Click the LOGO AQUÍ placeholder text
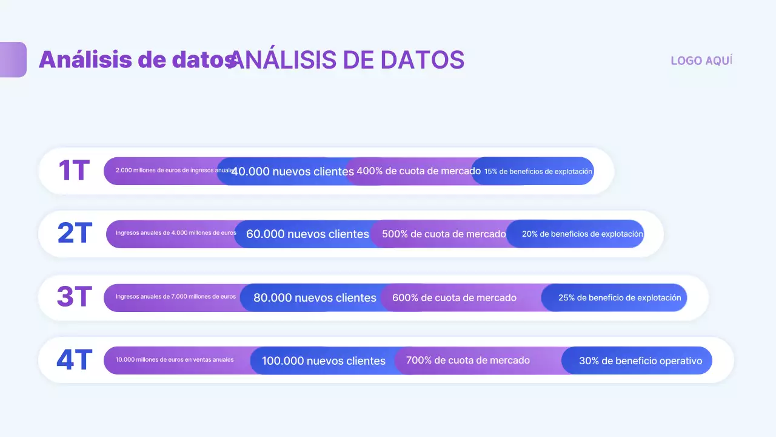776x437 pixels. [701, 61]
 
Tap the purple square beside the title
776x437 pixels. [13, 59]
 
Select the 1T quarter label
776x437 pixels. [74, 171]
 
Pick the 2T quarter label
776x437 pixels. [75, 234]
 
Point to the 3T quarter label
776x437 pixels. [74, 297]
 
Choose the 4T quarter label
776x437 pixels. [74, 361]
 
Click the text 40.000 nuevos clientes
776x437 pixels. [293, 172]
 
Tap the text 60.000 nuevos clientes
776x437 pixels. [307, 234]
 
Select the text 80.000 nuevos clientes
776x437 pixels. [315, 298]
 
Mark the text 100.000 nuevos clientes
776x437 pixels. [324, 361]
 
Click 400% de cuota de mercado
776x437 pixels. [418, 171]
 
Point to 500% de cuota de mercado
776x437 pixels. [444, 234]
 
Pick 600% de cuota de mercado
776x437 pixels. [454, 298]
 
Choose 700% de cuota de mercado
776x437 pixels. [467, 361]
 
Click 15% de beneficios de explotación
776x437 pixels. [538, 172]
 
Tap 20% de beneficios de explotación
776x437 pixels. [582, 234]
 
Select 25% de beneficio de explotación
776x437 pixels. [620, 298]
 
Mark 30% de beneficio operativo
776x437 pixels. [640, 361]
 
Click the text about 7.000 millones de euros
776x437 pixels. [176, 297]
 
